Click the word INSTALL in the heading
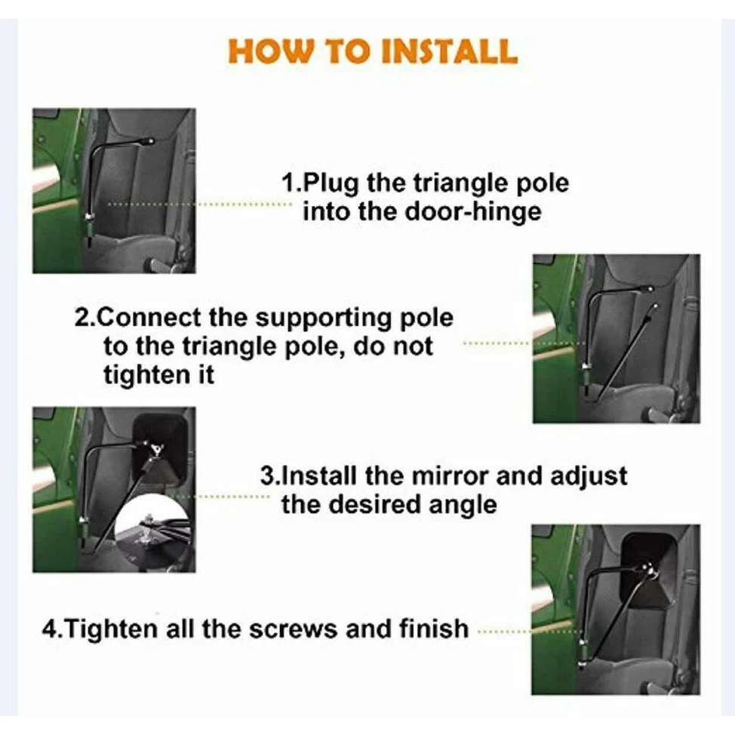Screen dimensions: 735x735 pos(450,51)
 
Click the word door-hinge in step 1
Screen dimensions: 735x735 pos(473,211)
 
